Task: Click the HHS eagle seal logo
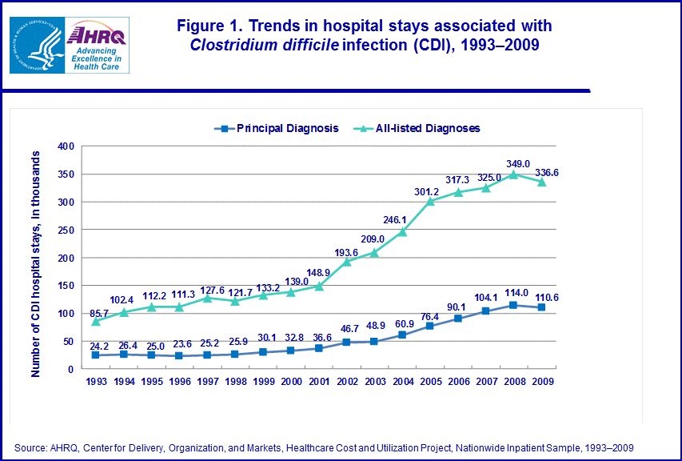(x=37, y=45)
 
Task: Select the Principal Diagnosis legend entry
(x=277, y=128)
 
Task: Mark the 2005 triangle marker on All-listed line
(x=430, y=201)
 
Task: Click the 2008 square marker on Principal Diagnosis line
(x=513, y=305)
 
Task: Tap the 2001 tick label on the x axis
(x=319, y=382)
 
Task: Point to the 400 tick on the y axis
(x=65, y=146)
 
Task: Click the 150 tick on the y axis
(x=65, y=286)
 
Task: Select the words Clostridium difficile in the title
(x=264, y=45)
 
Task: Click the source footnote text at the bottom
(x=324, y=447)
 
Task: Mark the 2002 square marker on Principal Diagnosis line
(x=347, y=343)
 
